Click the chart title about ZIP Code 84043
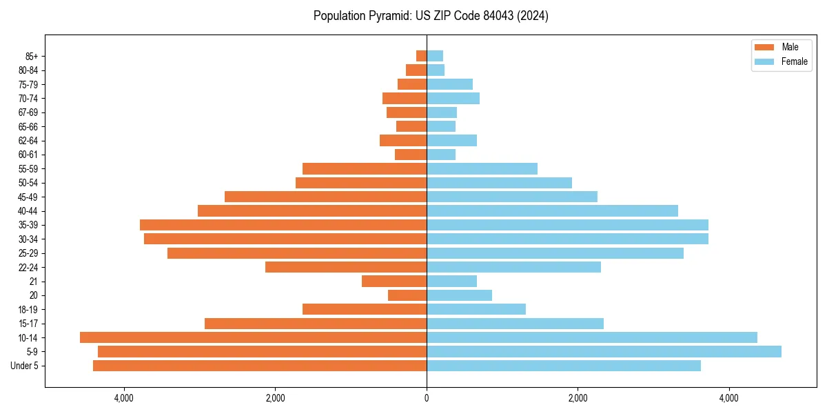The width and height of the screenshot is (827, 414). pyautogui.click(x=431, y=16)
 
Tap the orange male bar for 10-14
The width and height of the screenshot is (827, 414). pyautogui.click(x=253, y=337)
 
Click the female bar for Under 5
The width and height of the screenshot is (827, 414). pyautogui.click(x=563, y=366)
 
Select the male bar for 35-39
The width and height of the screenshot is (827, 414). pyautogui.click(x=283, y=225)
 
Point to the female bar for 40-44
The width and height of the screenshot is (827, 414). pyautogui.click(x=552, y=210)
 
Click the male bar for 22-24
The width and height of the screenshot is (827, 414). pyautogui.click(x=346, y=267)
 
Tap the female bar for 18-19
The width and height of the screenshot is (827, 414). pyautogui.click(x=476, y=309)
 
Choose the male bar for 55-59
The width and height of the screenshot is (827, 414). pyautogui.click(x=365, y=168)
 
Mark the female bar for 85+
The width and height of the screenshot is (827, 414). pyautogui.click(x=435, y=56)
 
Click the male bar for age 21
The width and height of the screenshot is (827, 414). pyautogui.click(x=394, y=281)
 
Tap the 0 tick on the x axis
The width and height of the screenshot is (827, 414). pyautogui.click(x=427, y=398)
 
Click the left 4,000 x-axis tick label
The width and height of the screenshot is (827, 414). pyautogui.click(x=124, y=398)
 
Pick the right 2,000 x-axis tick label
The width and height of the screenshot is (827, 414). pyautogui.click(x=578, y=398)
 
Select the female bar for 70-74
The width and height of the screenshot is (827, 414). pyautogui.click(x=453, y=98)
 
